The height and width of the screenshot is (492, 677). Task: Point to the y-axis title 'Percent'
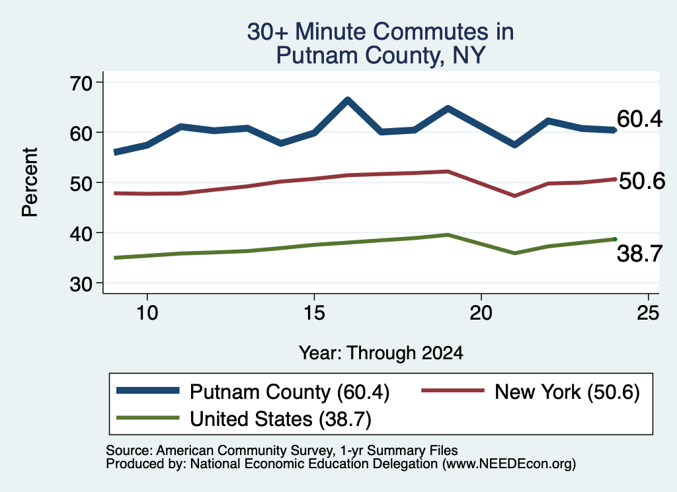tap(30, 182)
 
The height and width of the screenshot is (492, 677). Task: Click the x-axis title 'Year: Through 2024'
tap(381, 353)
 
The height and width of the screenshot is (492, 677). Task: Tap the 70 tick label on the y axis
tap(81, 83)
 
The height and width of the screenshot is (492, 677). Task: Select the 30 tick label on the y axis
tap(81, 284)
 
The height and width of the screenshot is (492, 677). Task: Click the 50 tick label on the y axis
tap(81, 183)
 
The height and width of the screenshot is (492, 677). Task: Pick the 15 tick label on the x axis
tap(314, 312)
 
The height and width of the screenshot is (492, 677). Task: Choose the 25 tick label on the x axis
tap(648, 312)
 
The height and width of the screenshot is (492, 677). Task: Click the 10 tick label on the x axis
tap(147, 312)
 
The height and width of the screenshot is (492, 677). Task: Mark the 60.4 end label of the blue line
tap(639, 119)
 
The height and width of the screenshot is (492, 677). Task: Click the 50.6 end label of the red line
tap(642, 181)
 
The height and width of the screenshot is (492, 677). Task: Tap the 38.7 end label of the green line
tap(639, 253)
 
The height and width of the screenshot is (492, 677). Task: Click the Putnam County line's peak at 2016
tap(348, 101)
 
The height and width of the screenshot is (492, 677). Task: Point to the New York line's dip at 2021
tap(514, 195)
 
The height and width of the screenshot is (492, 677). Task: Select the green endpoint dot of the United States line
tap(615, 239)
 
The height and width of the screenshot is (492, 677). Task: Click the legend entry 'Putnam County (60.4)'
tap(253, 392)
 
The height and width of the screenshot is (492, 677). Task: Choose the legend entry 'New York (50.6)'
tap(530, 392)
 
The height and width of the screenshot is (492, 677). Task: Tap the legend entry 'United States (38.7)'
tap(244, 419)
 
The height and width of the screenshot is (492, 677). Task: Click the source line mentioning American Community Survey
tap(282, 450)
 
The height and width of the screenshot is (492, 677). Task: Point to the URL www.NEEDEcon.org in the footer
tap(508, 464)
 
